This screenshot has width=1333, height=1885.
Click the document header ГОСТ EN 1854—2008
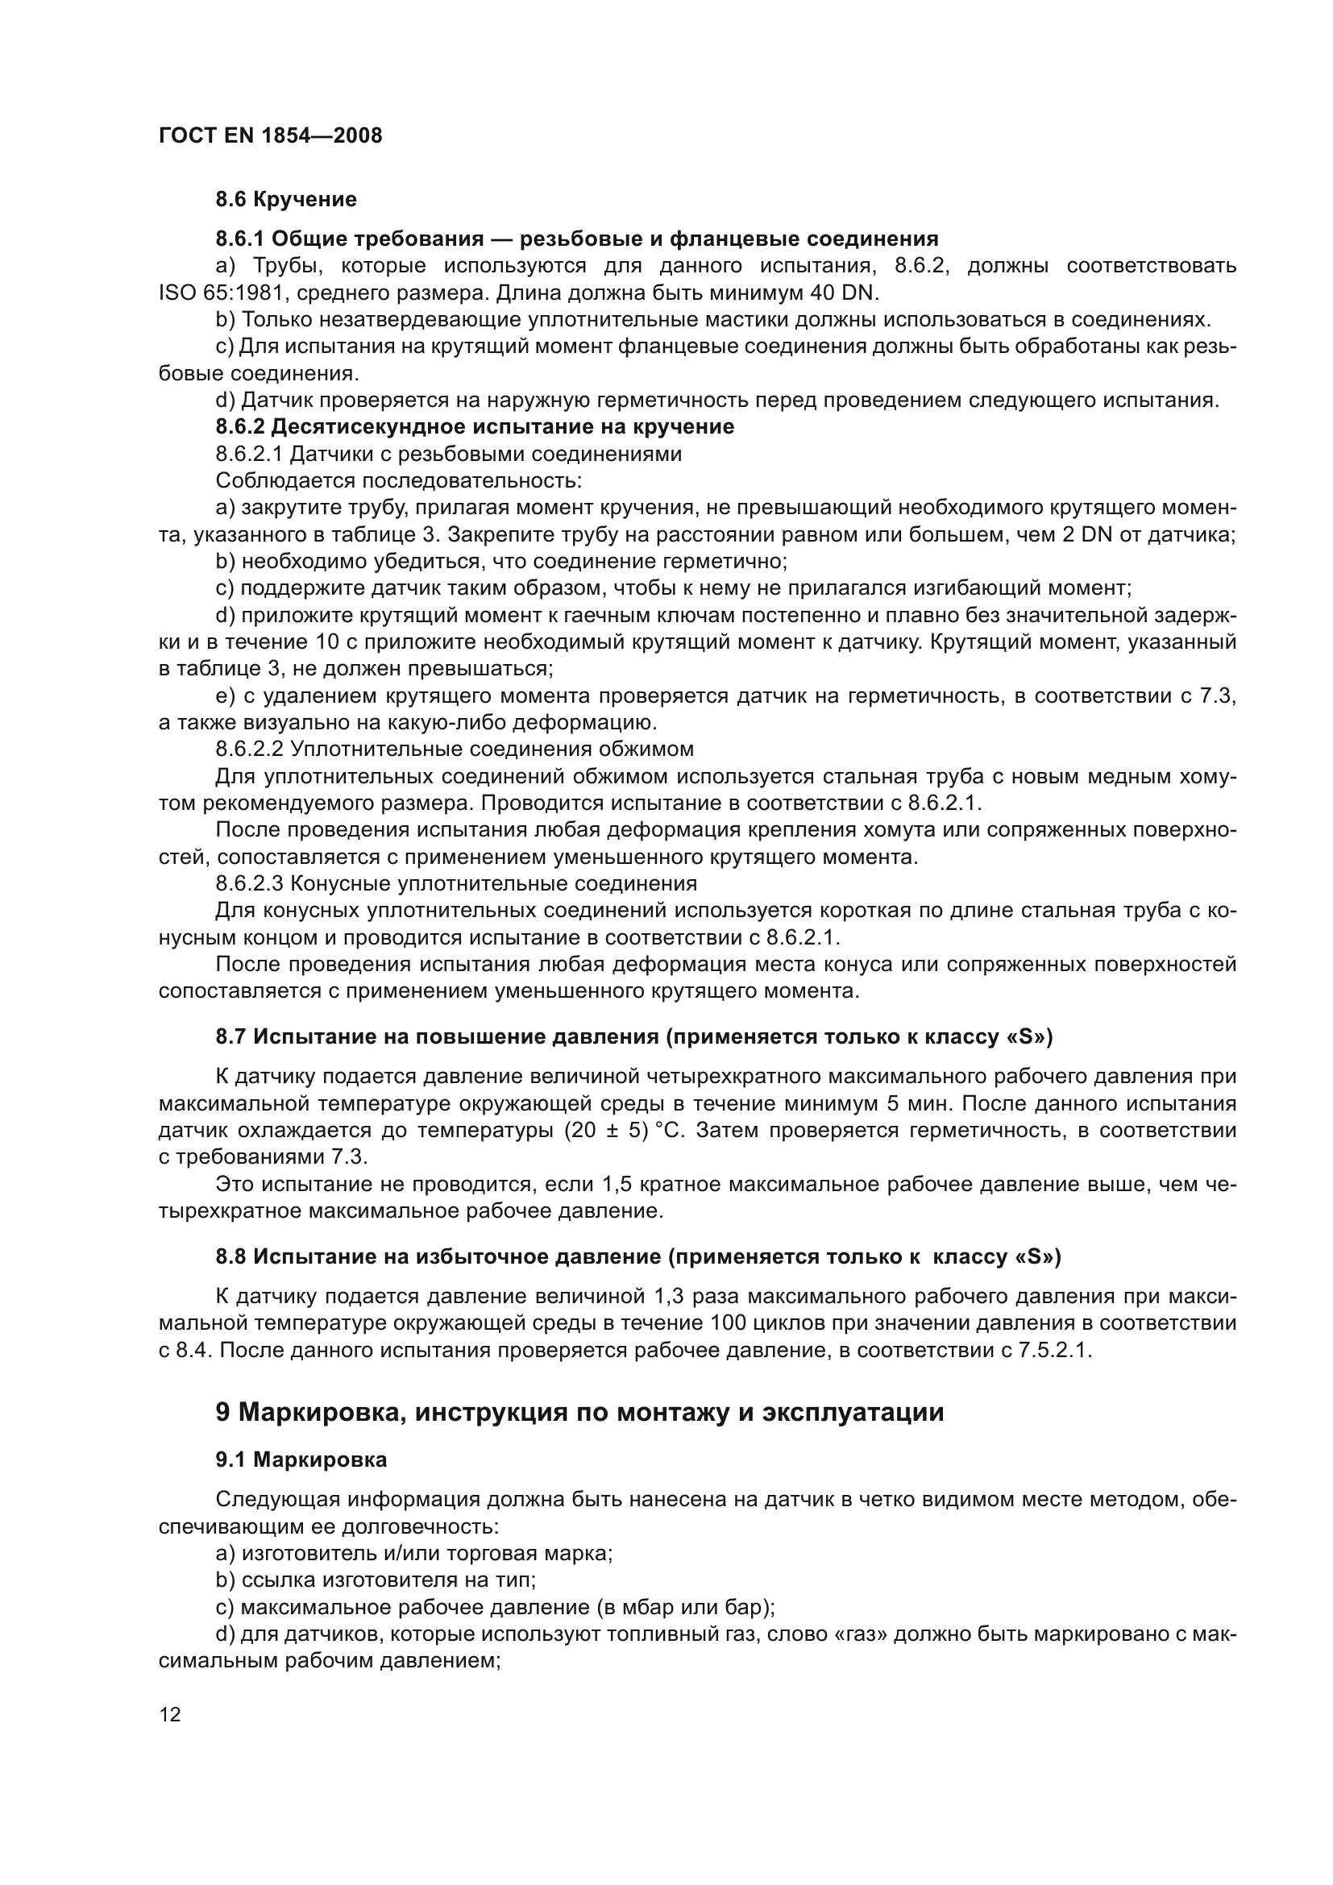[270, 136]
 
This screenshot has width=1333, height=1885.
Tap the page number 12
[170, 1714]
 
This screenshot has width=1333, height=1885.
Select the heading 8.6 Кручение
[285, 200]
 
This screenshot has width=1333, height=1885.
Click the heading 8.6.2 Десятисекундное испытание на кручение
[475, 427]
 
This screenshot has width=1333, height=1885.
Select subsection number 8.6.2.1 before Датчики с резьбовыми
[250, 454]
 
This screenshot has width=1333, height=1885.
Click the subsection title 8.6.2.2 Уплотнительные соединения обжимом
[455, 749]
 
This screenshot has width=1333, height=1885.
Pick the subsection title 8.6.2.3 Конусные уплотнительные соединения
[456, 884]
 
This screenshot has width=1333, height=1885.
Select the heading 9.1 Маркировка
[301, 1459]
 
